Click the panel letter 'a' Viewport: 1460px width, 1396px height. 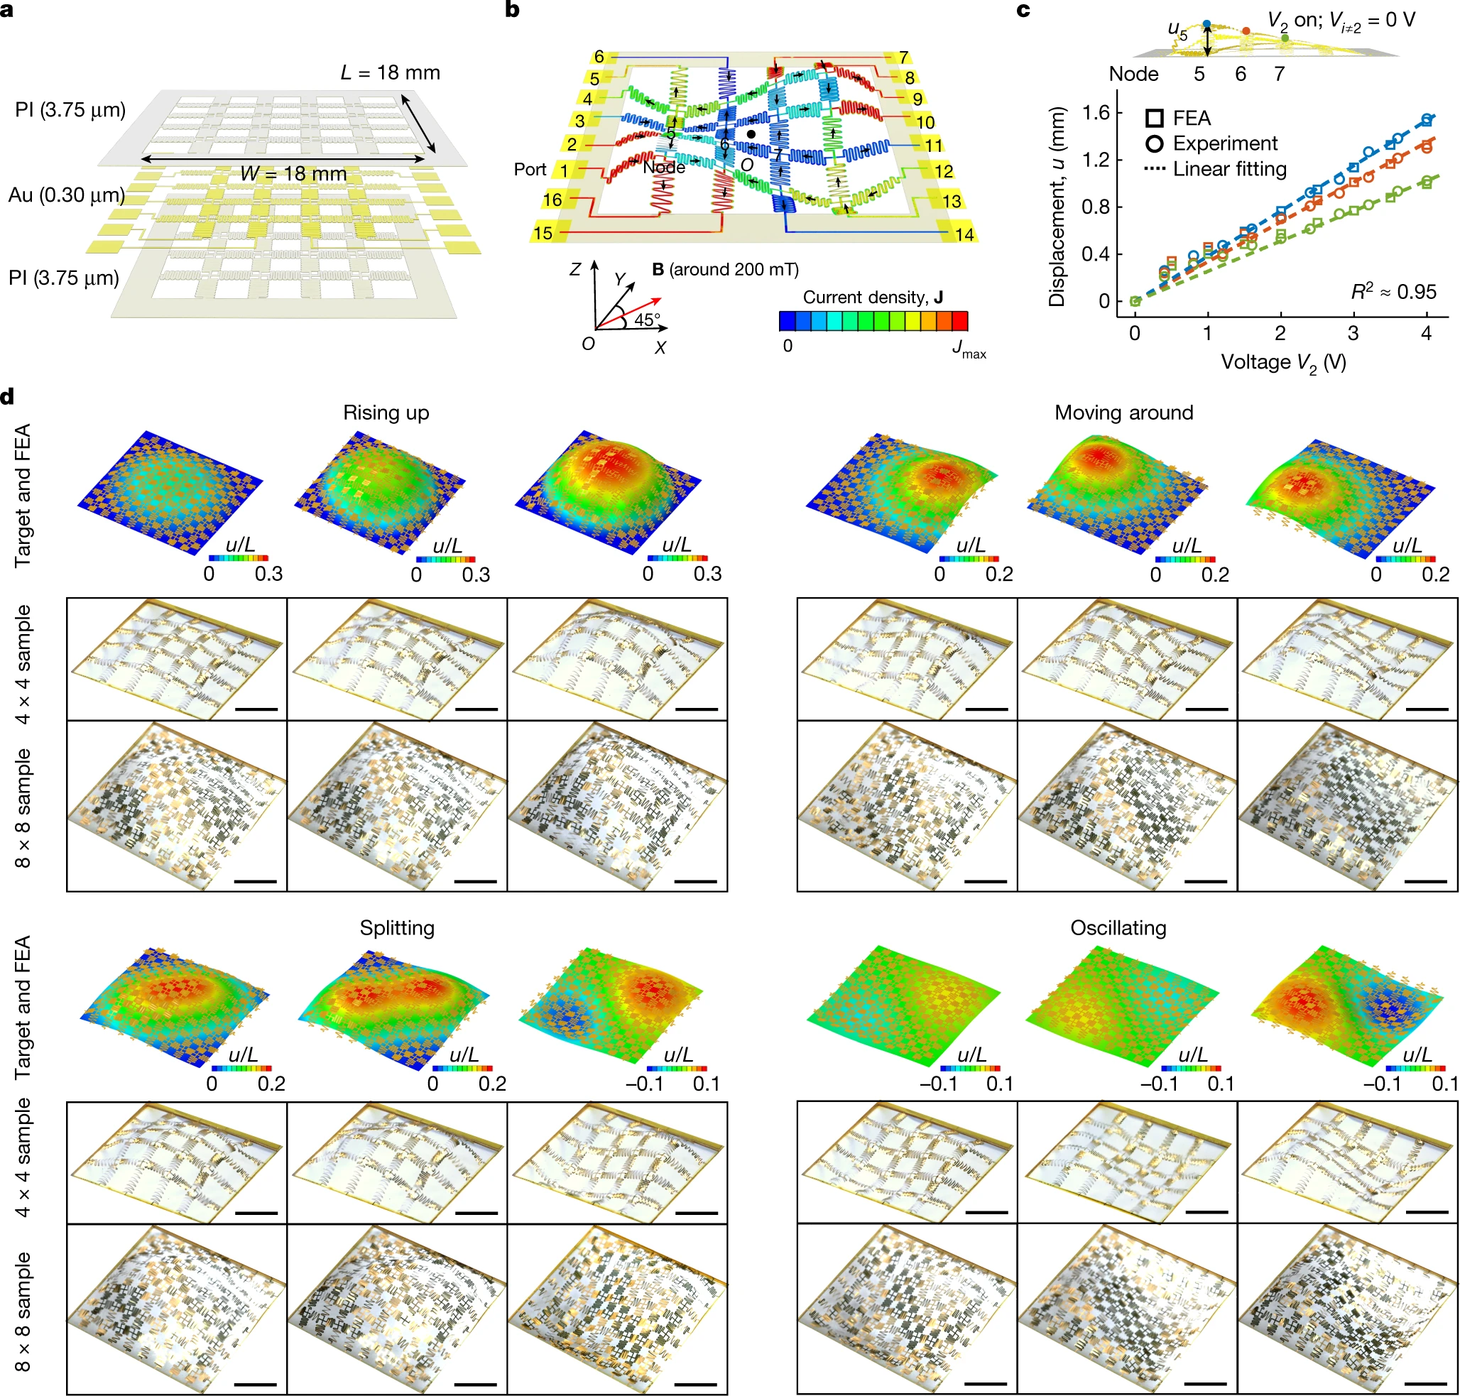6,11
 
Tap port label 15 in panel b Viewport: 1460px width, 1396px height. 543,233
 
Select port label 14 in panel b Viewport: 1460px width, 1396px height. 964,234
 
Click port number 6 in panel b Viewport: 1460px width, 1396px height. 599,58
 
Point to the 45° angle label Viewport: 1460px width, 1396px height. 647,320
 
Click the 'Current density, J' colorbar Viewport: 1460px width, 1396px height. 873,321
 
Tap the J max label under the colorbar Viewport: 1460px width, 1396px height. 968,348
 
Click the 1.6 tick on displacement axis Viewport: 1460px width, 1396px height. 1096,112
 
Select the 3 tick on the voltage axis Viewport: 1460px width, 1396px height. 1353,333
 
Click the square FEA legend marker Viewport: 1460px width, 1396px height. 1154,118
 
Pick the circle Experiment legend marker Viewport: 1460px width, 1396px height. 1154,143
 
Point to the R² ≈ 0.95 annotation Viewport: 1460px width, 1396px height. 1393,291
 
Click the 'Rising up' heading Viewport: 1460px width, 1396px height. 386,413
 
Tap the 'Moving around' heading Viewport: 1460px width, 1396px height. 1123,413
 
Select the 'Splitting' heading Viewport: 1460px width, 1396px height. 397,928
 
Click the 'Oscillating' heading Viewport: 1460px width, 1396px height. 1118,928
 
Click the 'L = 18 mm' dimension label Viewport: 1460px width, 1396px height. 390,72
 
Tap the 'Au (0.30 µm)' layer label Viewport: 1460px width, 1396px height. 65,195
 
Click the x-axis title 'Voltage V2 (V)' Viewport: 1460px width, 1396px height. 1283,362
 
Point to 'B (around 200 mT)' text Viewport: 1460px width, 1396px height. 725,269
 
